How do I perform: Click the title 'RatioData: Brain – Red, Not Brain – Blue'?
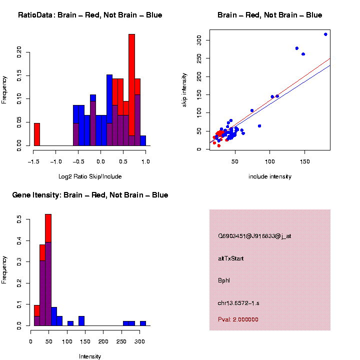(x=90, y=15)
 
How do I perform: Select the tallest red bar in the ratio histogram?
(x=131, y=85)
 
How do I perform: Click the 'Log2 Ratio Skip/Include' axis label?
(x=90, y=176)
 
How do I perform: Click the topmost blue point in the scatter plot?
(x=325, y=34)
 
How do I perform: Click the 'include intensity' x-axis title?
(x=270, y=176)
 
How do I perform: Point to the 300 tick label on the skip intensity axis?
(x=199, y=39)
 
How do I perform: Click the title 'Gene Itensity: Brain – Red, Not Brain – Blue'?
(x=90, y=195)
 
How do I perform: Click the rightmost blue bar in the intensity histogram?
(x=143, y=323)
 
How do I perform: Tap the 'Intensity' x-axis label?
(x=90, y=356)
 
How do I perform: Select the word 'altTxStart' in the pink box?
(x=231, y=258)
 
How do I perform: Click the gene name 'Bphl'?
(x=224, y=280)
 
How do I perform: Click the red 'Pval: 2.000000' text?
(x=238, y=319)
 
